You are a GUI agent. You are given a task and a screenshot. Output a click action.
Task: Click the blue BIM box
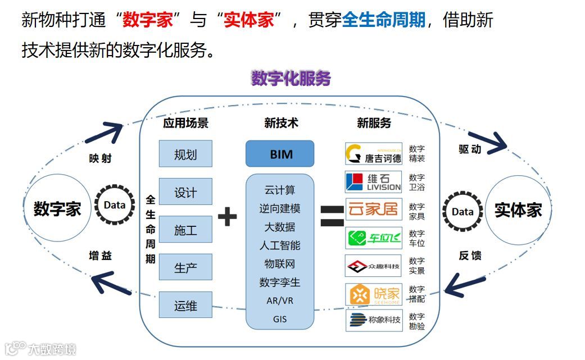pos(279,153)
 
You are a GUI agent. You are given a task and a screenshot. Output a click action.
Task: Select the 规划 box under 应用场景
pos(185,154)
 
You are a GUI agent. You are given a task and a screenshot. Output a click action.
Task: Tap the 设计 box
pos(185,192)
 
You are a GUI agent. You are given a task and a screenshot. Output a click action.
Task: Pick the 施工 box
pos(185,230)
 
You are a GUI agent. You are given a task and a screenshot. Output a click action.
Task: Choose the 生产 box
pos(185,267)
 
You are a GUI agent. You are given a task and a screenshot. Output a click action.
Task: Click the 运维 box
pos(185,306)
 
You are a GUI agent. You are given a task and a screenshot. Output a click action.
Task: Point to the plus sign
pos(227,216)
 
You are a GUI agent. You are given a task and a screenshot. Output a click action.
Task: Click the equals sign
pos(332,216)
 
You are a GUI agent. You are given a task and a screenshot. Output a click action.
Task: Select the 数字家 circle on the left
pos(57,209)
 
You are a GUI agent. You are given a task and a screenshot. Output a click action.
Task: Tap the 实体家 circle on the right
pos(518,210)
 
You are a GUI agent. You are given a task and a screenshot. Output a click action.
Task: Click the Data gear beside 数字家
pos(114,206)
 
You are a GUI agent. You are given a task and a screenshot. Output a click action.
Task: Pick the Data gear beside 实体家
pos(462,212)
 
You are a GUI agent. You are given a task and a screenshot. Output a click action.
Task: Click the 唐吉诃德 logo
pos(374,154)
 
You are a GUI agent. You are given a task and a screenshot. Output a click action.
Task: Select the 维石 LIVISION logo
pos(374,181)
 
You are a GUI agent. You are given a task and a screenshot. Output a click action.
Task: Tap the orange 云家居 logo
pos(374,210)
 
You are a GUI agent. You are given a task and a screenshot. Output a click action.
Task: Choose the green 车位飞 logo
pos(374,238)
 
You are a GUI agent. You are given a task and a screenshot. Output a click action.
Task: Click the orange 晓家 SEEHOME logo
pos(374,294)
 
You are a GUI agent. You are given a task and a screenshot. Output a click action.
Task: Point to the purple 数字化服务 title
pos(291,79)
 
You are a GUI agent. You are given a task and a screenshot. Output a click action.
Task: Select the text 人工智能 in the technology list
pos(279,245)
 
